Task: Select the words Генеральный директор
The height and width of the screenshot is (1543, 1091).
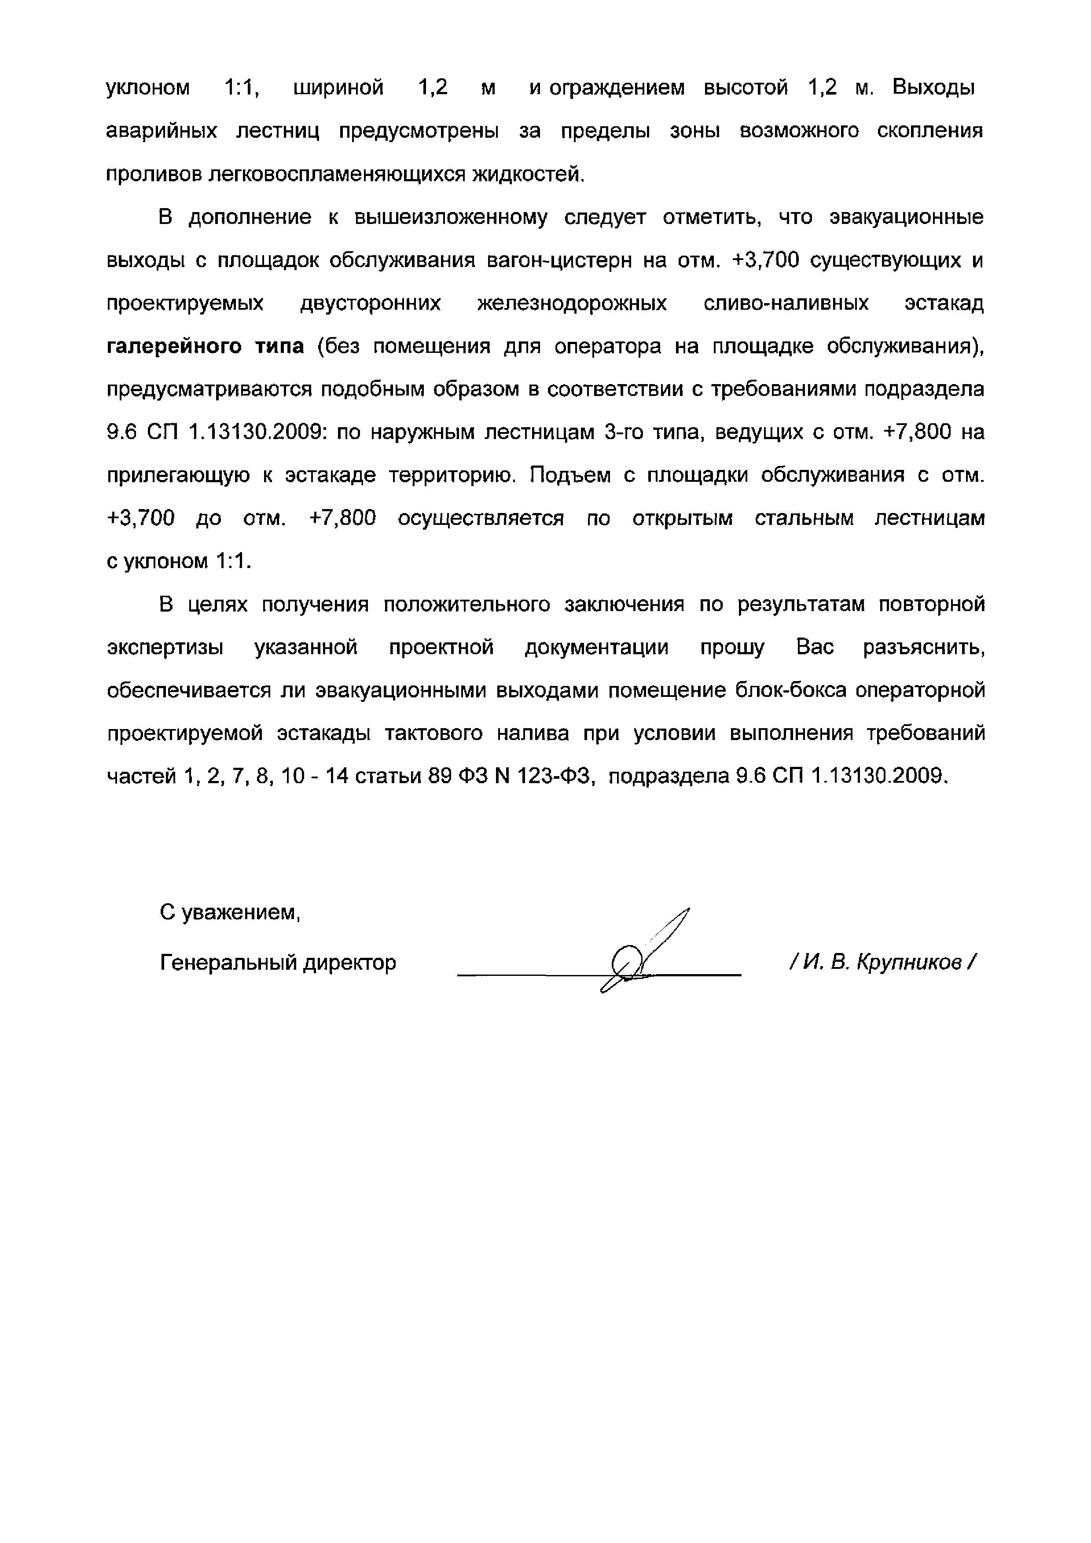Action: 278,963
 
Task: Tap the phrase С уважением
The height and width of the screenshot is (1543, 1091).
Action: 230,913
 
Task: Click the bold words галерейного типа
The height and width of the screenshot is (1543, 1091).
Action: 206,347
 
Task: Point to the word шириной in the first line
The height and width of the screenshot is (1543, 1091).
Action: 339,88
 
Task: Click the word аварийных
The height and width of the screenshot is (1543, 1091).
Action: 162,131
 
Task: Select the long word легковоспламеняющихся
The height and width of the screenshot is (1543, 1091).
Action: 338,174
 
